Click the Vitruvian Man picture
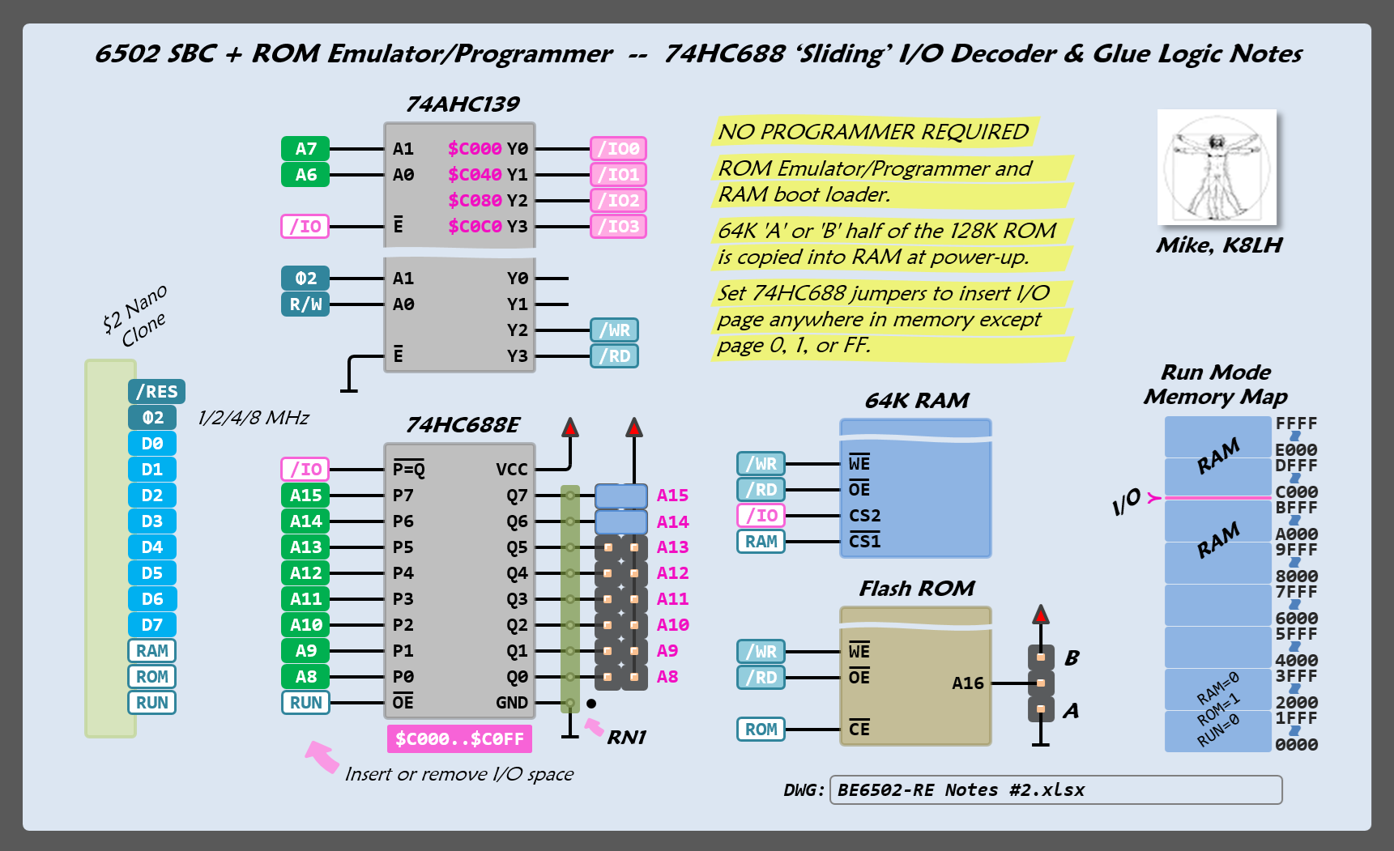(x=1217, y=168)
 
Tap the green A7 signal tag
(x=305, y=149)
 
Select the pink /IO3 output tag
(x=618, y=227)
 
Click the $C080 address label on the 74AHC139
(x=475, y=201)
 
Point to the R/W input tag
(x=305, y=304)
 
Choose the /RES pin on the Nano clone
(x=156, y=392)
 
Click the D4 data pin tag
(x=152, y=547)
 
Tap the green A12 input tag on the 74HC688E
(x=305, y=573)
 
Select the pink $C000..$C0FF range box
(x=459, y=738)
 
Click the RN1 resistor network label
(x=626, y=738)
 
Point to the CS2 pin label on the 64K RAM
(x=864, y=516)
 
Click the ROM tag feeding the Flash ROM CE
(x=761, y=730)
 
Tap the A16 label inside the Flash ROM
(x=967, y=683)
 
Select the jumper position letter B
(x=1072, y=657)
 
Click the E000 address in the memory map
(x=1296, y=450)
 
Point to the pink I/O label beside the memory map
(x=1127, y=502)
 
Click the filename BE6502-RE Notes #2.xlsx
(x=961, y=790)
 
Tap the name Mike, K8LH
(x=1218, y=245)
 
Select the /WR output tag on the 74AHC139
(x=614, y=330)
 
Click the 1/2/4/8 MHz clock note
(x=254, y=418)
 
